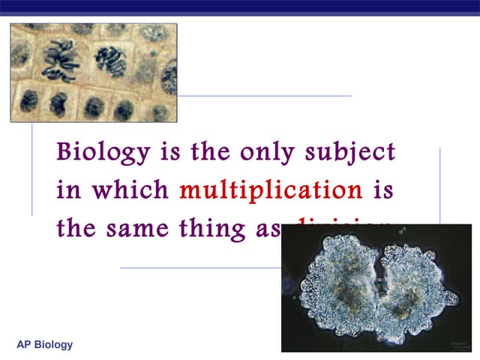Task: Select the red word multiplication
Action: pos(271,190)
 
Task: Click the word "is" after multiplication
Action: pos(382,190)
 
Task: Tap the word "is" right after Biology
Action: pos(170,153)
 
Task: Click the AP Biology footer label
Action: pos(45,345)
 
